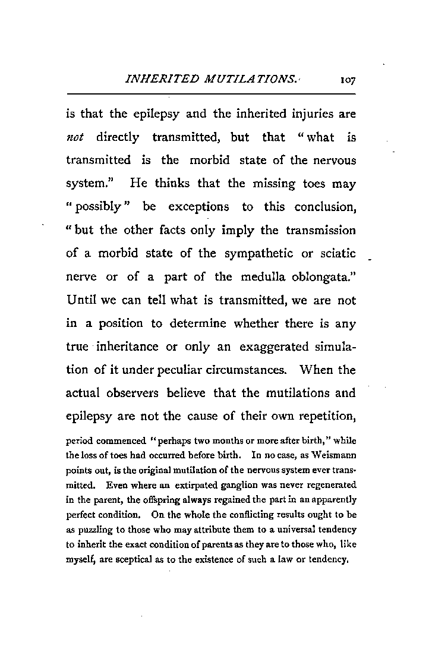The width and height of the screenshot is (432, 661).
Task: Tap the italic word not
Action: (x=76, y=138)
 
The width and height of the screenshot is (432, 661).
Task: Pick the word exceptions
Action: (x=198, y=207)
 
